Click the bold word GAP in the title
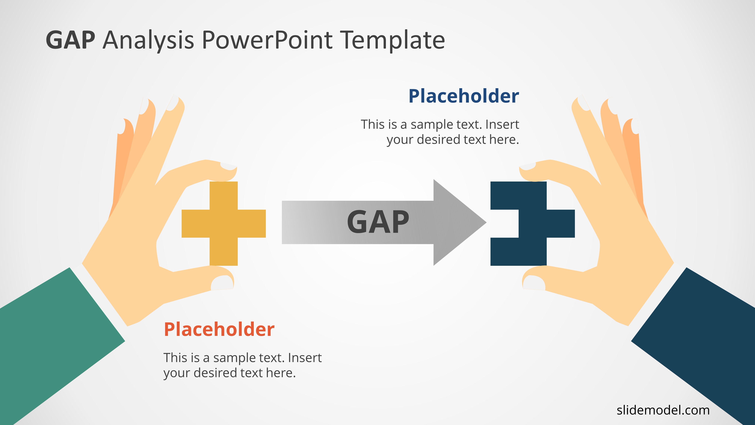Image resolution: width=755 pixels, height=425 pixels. (x=70, y=40)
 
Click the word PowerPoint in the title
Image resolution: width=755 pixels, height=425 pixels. (x=267, y=40)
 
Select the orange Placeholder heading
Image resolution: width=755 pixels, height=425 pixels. (x=219, y=329)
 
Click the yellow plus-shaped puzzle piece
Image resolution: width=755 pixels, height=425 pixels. (x=224, y=223)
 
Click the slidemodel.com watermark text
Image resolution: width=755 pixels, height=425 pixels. (x=663, y=410)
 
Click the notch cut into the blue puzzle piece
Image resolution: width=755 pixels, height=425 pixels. (x=504, y=223)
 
